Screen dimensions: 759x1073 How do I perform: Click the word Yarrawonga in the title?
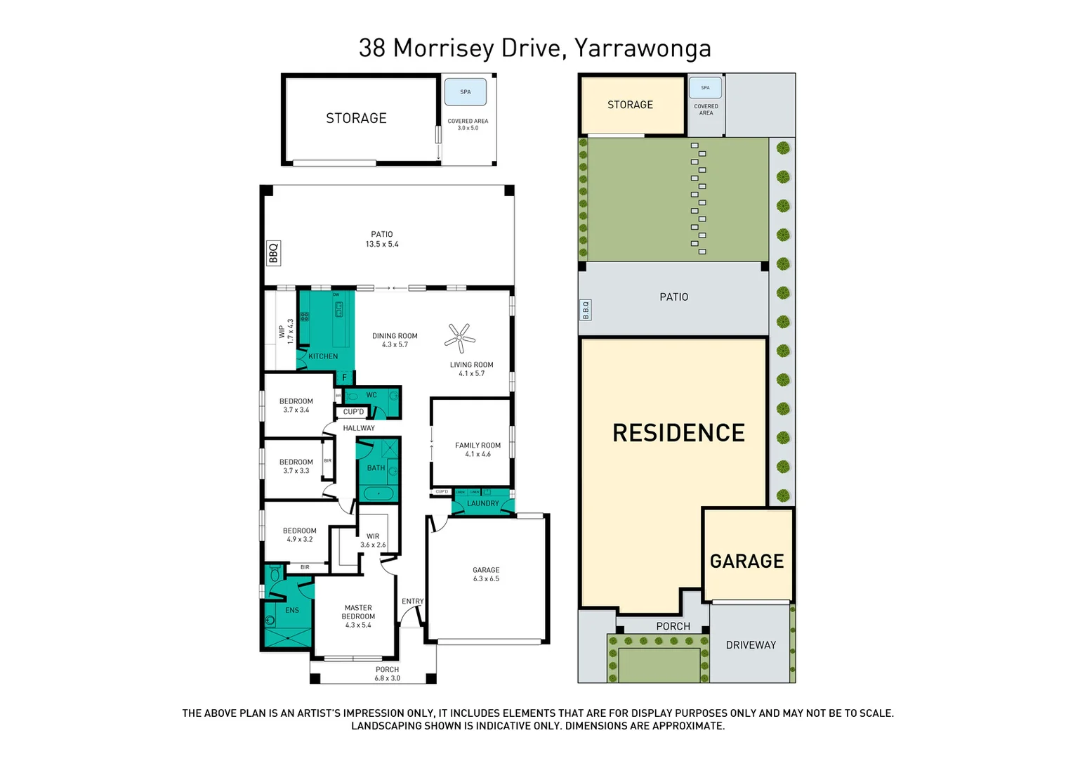pyautogui.click(x=643, y=48)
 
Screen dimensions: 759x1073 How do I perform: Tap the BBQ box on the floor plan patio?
pyautogui.click(x=274, y=253)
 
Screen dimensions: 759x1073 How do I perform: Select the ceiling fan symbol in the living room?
pyautogui.click(x=459, y=338)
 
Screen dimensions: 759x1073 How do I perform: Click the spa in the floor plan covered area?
pyautogui.click(x=466, y=92)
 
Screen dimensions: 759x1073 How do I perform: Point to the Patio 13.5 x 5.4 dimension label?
pyautogui.click(x=382, y=240)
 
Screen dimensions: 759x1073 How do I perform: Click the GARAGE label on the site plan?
pyautogui.click(x=746, y=562)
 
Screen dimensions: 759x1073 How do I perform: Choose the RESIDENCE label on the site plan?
pyautogui.click(x=678, y=433)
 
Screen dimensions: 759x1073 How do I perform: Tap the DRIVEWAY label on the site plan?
pyautogui.click(x=751, y=645)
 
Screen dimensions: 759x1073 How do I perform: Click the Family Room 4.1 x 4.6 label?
pyautogui.click(x=478, y=450)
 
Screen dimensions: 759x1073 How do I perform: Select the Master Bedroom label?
pyautogui.click(x=358, y=616)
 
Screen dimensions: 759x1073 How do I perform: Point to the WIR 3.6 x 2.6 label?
pyautogui.click(x=373, y=540)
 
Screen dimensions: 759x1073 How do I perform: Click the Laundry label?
pyautogui.click(x=483, y=504)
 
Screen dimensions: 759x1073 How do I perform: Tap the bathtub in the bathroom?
pyautogui.click(x=378, y=493)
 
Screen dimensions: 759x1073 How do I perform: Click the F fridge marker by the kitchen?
pyautogui.click(x=344, y=378)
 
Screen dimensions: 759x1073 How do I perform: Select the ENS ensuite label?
pyautogui.click(x=292, y=611)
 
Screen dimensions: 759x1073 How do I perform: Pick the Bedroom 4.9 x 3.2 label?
pyautogui.click(x=300, y=535)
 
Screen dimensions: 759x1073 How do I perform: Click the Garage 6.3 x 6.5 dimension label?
pyautogui.click(x=486, y=574)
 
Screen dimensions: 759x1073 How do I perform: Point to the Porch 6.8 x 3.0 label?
pyautogui.click(x=387, y=674)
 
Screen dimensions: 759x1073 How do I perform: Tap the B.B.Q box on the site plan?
pyautogui.click(x=585, y=309)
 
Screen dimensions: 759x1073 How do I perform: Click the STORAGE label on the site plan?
pyautogui.click(x=630, y=105)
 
